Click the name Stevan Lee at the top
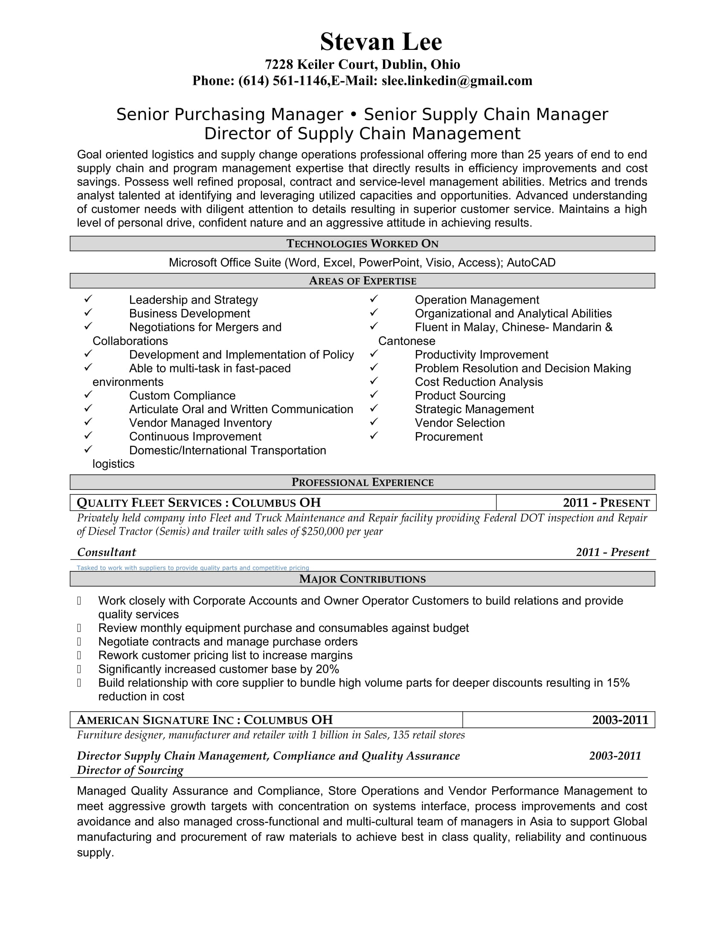coord(380,42)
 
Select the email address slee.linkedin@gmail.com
coord(457,81)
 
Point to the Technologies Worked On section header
coord(362,243)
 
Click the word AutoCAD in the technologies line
coord(531,262)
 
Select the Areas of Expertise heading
coord(362,281)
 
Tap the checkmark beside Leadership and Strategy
coord(88,298)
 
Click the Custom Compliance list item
coord(182,396)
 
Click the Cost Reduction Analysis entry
coord(478,382)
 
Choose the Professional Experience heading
coord(362,482)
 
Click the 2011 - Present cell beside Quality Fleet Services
coord(606,503)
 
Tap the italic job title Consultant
coord(106,552)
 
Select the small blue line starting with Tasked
coord(192,568)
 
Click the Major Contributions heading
coord(362,579)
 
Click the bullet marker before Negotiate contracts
coord(79,642)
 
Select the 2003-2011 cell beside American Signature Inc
coord(620,720)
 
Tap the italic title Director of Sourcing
coord(130,770)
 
